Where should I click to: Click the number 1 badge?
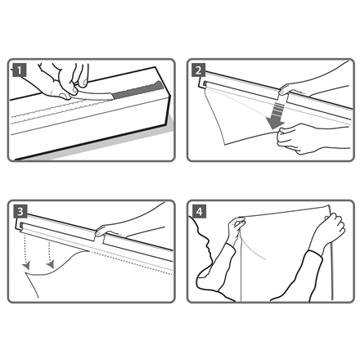tap(19, 70)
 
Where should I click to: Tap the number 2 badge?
tap(198, 70)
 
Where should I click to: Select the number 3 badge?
tap(20, 211)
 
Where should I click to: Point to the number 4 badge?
tap(200, 211)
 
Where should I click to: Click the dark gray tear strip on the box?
tap(137, 90)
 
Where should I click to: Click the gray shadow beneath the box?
tap(109, 146)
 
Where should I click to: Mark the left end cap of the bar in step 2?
tap(201, 83)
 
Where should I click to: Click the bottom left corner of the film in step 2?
tap(224, 144)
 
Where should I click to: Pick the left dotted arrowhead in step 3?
tap(26, 265)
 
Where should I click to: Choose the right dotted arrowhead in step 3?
tap(51, 264)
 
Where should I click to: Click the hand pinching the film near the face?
tap(236, 229)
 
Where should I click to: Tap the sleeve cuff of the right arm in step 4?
tap(316, 254)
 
